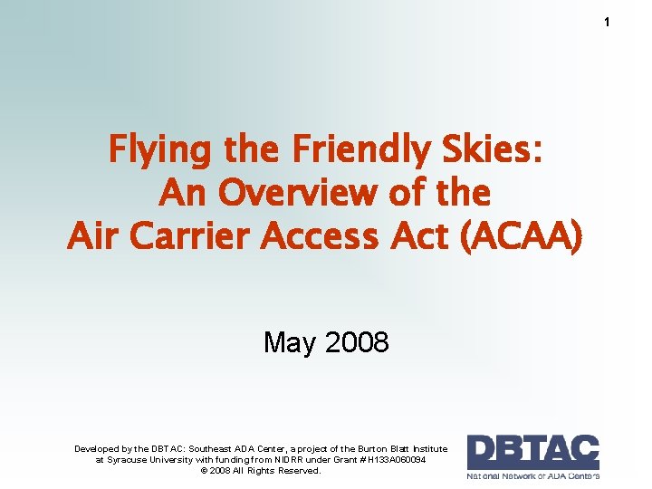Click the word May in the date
pyautogui.click(x=290, y=342)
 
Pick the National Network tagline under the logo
pyautogui.click(x=532, y=475)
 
